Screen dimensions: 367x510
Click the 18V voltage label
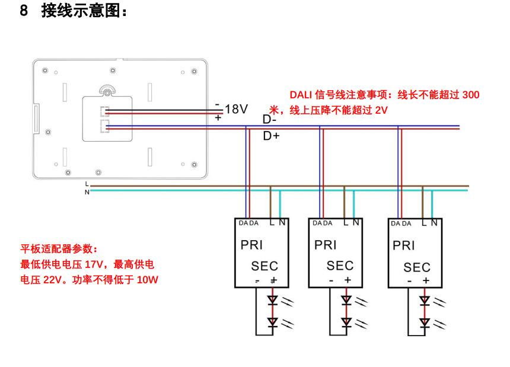click(x=236, y=109)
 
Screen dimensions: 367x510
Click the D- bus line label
click(x=270, y=119)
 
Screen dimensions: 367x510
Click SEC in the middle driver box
click(x=340, y=266)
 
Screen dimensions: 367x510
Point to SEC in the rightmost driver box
click(x=417, y=267)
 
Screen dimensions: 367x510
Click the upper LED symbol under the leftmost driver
click(x=272, y=301)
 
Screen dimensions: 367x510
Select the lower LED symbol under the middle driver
click(x=346, y=323)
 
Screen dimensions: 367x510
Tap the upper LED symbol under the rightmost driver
click(x=425, y=301)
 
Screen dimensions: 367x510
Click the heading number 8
click(x=24, y=11)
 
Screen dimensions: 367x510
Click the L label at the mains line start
click(x=87, y=186)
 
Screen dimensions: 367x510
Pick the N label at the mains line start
click(x=87, y=192)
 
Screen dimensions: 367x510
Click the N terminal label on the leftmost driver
click(x=282, y=223)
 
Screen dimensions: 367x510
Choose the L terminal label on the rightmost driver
click(x=425, y=223)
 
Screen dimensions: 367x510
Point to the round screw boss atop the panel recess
click(x=107, y=91)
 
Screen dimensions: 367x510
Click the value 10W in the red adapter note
click(x=148, y=279)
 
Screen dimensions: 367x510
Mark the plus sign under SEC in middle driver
click(x=348, y=280)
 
